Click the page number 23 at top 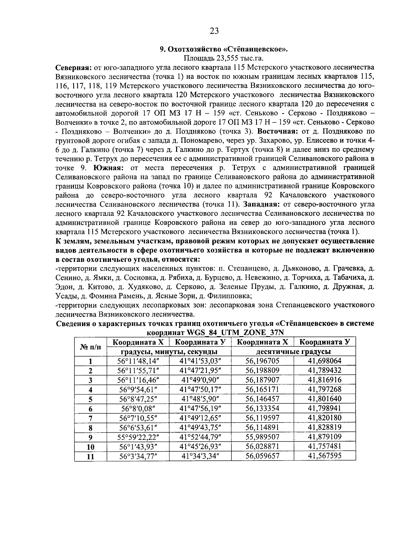pos(214,31)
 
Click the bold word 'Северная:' pos(73,68)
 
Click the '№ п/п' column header pos(91,347)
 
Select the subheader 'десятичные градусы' pos(294,351)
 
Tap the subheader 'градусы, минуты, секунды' pos(170,351)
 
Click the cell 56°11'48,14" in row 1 pos(138,361)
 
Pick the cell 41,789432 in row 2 pos(325,370)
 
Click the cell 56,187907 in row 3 pos(262,380)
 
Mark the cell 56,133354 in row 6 pos(262,408)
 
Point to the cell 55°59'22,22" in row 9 pos(138,437)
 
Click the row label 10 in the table pos(91,447)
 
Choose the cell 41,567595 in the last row pos(325,456)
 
